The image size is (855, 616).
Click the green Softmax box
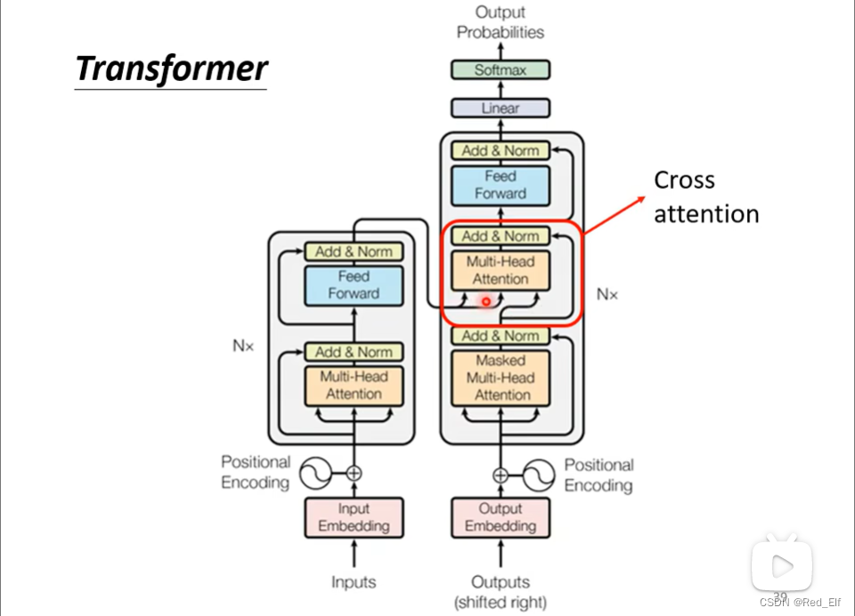pos(501,69)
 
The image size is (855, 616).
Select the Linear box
pos(501,108)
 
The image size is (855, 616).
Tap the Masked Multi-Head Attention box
pos(501,377)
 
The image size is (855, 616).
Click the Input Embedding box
pos(354,517)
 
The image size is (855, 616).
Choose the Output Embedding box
pos(501,517)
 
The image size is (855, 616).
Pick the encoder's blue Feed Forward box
pos(354,285)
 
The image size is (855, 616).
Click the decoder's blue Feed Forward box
pos(501,185)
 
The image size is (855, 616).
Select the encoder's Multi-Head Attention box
pos(354,385)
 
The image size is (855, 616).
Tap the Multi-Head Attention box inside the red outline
pos(501,271)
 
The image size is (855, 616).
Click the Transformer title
pos(171,69)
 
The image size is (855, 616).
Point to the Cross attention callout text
pos(706,197)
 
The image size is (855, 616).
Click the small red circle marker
pos(486,301)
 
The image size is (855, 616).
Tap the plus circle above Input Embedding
pos(354,474)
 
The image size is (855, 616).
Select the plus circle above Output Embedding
pos(501,475)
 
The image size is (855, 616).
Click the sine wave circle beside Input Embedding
pos(315,474)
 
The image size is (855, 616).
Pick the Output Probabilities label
pos(501,22)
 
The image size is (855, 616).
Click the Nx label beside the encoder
pos(242,345)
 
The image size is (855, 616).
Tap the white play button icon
pos(782,564)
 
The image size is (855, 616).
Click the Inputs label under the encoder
pos(354,582)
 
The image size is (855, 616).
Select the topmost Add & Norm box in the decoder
pos(501,150)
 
